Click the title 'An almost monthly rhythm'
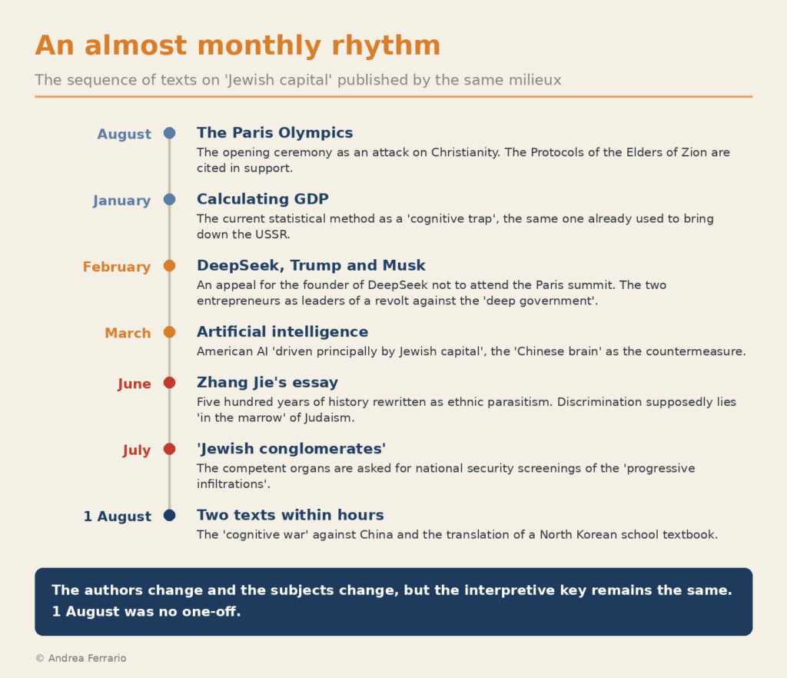pyautogui.click(x=237, y=45)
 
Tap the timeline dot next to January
pyautogui.click(x=170, y=199)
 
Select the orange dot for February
pyautogui.click(x=170, y=265)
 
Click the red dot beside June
pyautogui.click(x=170, y=382)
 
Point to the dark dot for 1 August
pyautogui.click(x=170, y=515)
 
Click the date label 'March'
pyautogui.click(x=128, y=333)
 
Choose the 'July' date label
pyautogui.click(x=137, y=450)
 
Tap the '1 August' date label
pyautogui.click(x=117, y=516)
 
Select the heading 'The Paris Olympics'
pyautogui.click(x=274, y=132)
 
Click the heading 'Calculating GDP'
pyautogui.click(x=263, y=199)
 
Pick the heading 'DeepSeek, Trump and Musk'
pyautogui.click(x=310, y=265)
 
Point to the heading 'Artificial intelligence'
pyautogui.click(x=282, y=332)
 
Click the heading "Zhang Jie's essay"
pyautogui.click(x=267, y=382)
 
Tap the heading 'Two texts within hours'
pyautogui.click(x=290, y=515)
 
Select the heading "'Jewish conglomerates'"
pyautogui.click(x=291, y=449)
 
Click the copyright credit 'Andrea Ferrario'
pyautogui.click(x=87, y=658)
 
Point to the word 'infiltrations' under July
pyautogui.click(x=231, y=484)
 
